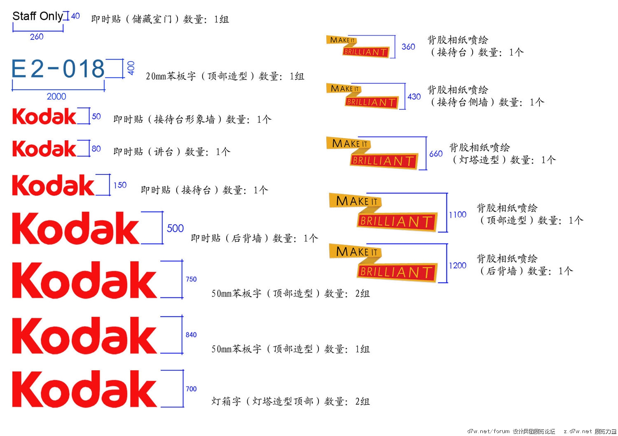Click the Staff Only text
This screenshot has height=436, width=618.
[x=37, y=16]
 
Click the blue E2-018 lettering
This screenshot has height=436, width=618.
[x=58, y=69]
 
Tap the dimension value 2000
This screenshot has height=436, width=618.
[x=56, y=97]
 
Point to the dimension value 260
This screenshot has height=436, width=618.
[x=37, y=37]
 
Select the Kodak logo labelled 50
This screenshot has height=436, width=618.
[x=44, y=116]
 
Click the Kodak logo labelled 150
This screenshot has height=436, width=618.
[x=53, y=186]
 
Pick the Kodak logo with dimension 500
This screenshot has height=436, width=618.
[x=76, y=228]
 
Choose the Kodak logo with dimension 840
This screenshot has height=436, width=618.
[x=84, y=335]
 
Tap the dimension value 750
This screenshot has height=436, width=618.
[x=191, y=279]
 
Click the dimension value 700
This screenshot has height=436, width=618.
[x=191, y=389]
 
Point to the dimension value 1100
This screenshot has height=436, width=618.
[x=458, y=215]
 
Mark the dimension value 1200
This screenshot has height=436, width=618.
[x=458, y=266]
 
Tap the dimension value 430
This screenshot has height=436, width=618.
[x=414, y=97]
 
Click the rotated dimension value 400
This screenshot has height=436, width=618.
[x=131, y=68]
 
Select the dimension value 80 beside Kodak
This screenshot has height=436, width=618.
[x=96, y=149]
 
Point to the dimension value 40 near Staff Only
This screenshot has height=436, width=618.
[x=75, y=16]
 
